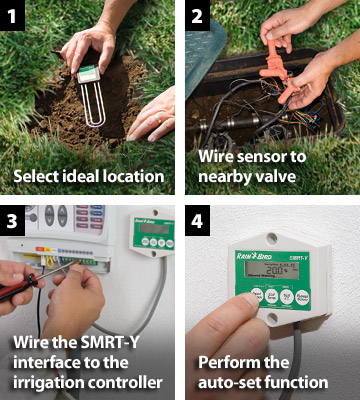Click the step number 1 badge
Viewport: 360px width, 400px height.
(x=12, y=15)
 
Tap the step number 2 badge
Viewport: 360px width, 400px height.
(x=197, y=15)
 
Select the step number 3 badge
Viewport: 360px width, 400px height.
(x=12, y=220)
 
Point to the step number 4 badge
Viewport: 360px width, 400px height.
(x=197, y=220)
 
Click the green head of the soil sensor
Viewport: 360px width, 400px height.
(x=89, y=73)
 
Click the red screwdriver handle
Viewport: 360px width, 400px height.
(x=17, y=286)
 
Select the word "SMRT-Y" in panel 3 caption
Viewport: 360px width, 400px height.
(x=108, y=342)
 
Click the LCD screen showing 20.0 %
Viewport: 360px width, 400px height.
(x=272, y=270)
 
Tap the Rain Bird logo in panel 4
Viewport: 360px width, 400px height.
(x=254, y=256)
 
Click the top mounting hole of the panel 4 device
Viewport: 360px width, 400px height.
(x=272, y=239)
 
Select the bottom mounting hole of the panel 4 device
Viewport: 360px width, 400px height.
(x=272, y=318)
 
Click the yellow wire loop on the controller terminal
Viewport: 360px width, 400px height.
(x=50, y=262)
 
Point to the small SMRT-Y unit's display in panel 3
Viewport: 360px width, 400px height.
(x=154, y=229)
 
